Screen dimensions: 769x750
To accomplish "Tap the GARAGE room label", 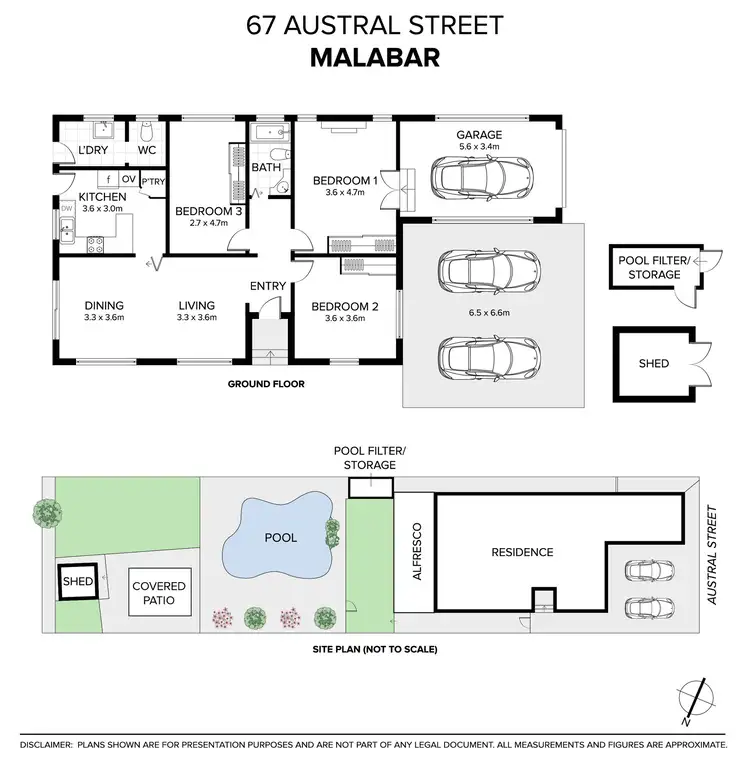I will [x=479, y=134].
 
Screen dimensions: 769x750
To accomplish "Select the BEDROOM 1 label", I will [x=345, y=181].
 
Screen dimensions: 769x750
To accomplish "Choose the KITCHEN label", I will [x=103, y=197].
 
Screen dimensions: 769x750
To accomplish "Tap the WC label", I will [x=146, y=150].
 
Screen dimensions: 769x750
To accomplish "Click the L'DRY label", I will [x=93, y=150].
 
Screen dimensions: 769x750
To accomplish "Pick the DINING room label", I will [x=104, y=306].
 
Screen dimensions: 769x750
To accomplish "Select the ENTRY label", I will [x=268, y=286].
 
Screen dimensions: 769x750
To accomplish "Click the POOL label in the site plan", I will [x=281, y=538].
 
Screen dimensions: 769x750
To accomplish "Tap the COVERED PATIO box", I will [x=159, y=592].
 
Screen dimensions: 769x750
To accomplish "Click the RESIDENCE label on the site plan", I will [x=521, y=552].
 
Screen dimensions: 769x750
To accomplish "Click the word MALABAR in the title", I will [x=375, y=55].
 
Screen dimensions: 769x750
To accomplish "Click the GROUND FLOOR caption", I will [x=266, y=384].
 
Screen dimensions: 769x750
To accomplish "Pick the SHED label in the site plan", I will [x=77, y=581].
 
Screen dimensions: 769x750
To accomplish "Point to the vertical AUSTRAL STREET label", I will [x=713, y=556].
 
